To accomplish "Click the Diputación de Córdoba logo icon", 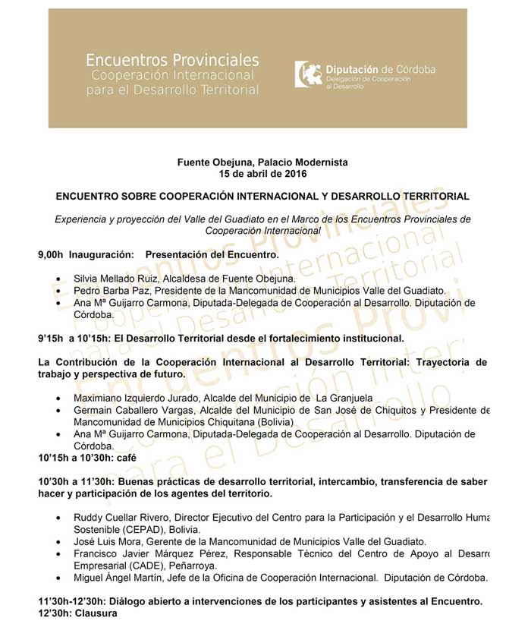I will (x=307, y=74).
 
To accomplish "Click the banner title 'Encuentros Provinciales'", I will (x=172, y=59).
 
